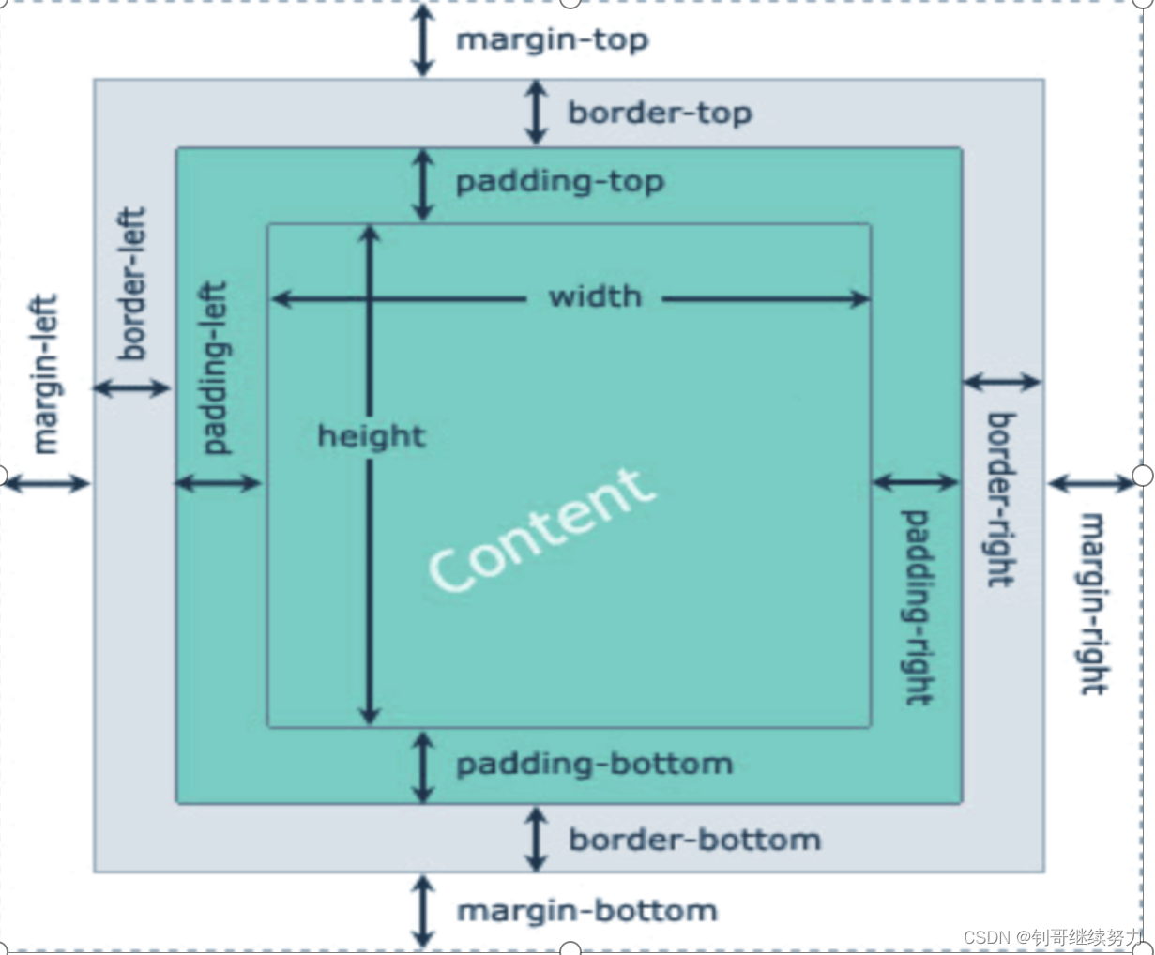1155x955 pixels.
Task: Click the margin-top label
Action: pyautogui.click(x=552, y=40)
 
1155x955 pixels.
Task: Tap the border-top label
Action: pyautogui.click(x=660, y=113)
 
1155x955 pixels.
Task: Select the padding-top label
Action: pyautogui.click(x=559, y=181)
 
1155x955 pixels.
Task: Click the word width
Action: pyautogui.click(x=595, y=297)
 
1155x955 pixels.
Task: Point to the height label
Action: pyautogui.click(x=372, y=436)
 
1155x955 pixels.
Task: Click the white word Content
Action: pyautogui.click(x=540, y=530)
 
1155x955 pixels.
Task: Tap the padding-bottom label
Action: pyautogui.click(x=594, y=765)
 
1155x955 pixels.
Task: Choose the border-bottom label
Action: pyautogui.click(x=694, y=840)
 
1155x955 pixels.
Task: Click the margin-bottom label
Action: pyautogui.click(x=586, y=911)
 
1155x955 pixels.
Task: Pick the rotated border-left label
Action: pyautogui.click(x=132, y=283)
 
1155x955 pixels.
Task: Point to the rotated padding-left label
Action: pyautogui.click(x=215, y=368)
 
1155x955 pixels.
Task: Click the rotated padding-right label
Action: pyautogui.click(x=917, y=607)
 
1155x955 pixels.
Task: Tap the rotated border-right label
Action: pyautogui.click(x=1000, y=499)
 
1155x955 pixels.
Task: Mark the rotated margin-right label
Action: pyautogui.click(x=1091, y=603)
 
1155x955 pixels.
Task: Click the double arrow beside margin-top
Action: pyautogui.click(x=423, y=39)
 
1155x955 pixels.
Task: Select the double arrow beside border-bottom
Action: pyautogui.click(x=536, y=839)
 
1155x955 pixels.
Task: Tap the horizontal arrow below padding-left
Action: pyautogui.click(x=218, y=483)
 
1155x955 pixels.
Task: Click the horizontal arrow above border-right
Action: pyautogui.click(x=1001, y=382)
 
